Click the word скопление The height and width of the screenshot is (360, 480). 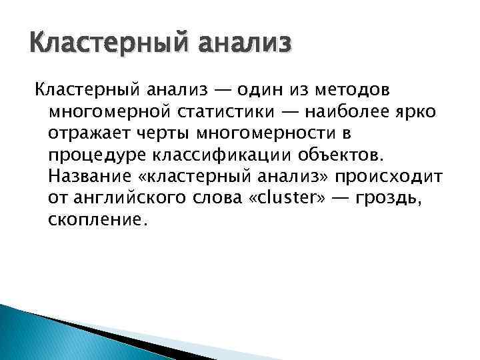point(95,219)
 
